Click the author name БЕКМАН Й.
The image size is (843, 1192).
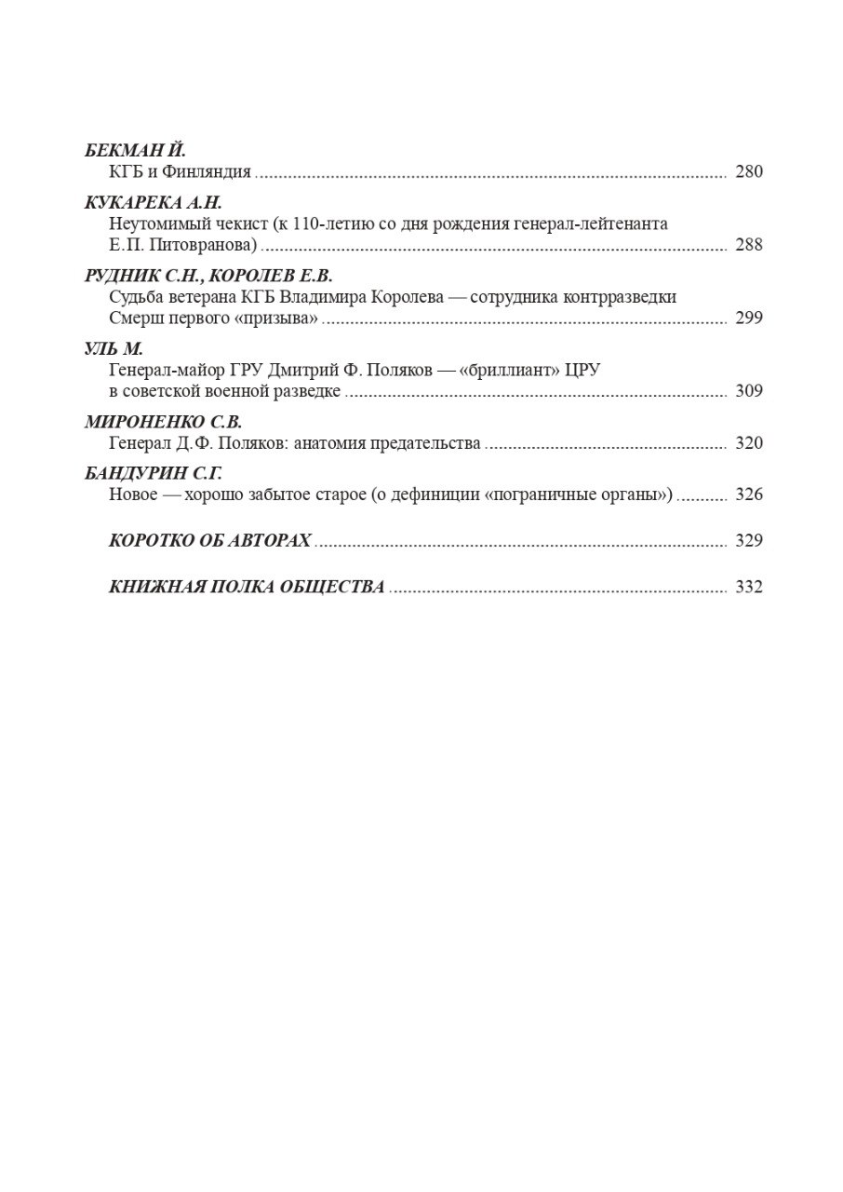pyautogui.click(x=136, y=151)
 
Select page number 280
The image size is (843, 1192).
pyautogui.click(x=748, y=171)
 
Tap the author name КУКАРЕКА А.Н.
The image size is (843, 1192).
pyautogui.click(x=154, y=203)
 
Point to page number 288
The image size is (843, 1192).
pyautogui.click(x=748, y=245)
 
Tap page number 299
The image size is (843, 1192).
pyautogui.click(x=748, y=318)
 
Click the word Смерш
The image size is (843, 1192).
pyautogui.click(x=131, y=318)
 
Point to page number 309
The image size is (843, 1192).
pyautogui.click(x=748, y=390)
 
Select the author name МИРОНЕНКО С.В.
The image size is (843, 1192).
pyautogui.click(x=163, y=422)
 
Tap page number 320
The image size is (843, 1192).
pyautogui.click(x=748, y=443)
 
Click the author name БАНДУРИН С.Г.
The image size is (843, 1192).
pyautogui.click(x=153, y=474)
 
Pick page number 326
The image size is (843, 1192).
pyautogui.click(x=748, y=494)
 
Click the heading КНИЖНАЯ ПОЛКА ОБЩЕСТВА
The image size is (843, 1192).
pyautogui.click(x=247, y=588)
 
